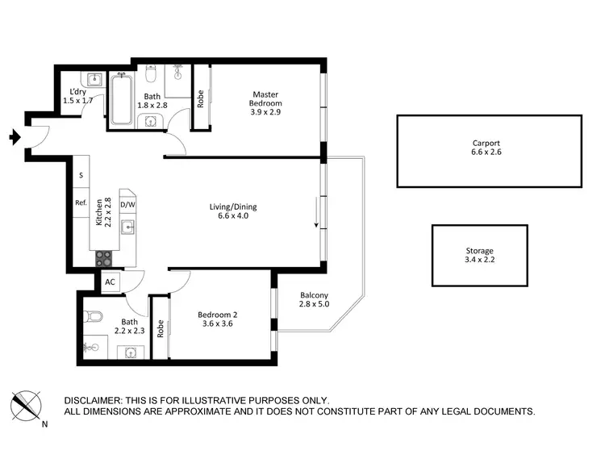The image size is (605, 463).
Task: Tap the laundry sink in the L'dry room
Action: [x=94, y=79]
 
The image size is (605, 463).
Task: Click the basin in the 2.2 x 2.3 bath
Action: [x=130, y=352]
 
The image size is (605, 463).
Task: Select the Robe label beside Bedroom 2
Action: [x=161, y=328]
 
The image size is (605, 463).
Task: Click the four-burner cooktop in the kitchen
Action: [x=105, y=258]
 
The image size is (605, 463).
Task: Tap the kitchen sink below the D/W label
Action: [x=127, y=227]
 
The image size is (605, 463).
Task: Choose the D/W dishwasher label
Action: [x=127, y=205]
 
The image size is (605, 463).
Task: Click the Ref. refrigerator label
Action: [x=81, y=203]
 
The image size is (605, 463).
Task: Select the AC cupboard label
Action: [x=109, y=282]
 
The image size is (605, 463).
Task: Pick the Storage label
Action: [x=478, y=251]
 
